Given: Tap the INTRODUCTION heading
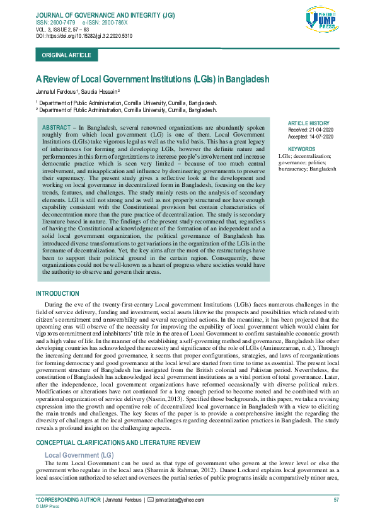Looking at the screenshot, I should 57,294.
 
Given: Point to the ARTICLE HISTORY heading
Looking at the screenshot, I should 308,123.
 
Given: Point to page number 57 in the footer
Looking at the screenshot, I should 336,499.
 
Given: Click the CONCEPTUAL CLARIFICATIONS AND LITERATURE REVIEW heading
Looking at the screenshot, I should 118,443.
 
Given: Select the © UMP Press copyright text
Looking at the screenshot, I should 48,506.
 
